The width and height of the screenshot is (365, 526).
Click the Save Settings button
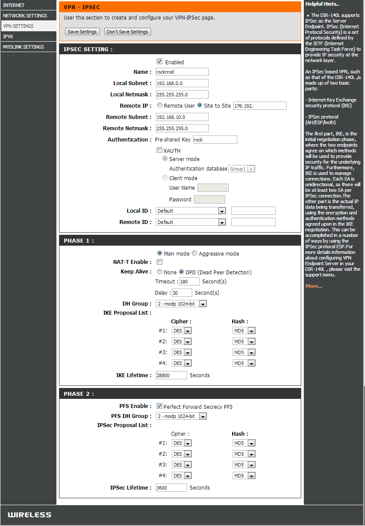(82, 32)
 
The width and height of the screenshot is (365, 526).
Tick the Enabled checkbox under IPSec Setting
(159, 62)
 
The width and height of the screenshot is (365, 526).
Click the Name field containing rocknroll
(182, 72)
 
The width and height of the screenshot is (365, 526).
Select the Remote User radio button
(160, 105)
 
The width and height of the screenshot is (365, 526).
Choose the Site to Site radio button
(200, 105)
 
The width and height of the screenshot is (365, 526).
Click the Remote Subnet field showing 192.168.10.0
(182, 117)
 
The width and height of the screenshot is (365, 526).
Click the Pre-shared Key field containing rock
(215, 140)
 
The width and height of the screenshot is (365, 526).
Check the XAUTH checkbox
(159, 151)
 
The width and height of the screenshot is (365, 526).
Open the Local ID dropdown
(191, 211)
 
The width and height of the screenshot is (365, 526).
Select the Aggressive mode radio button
(194, 253)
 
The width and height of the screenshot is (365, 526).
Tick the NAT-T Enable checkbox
(159, 262)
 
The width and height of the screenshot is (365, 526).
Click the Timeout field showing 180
(189, 282)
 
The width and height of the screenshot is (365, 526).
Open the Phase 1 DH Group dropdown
(181, 304)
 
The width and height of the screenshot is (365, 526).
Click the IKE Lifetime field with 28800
(171, 375)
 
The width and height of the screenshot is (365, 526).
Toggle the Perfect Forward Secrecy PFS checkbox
(159, 407)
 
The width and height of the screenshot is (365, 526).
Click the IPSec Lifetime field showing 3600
(171, 488)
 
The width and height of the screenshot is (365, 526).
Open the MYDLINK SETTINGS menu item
(23, 47)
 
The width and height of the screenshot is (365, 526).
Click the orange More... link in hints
(313, 286)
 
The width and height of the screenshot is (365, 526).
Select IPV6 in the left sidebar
(8, 36)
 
